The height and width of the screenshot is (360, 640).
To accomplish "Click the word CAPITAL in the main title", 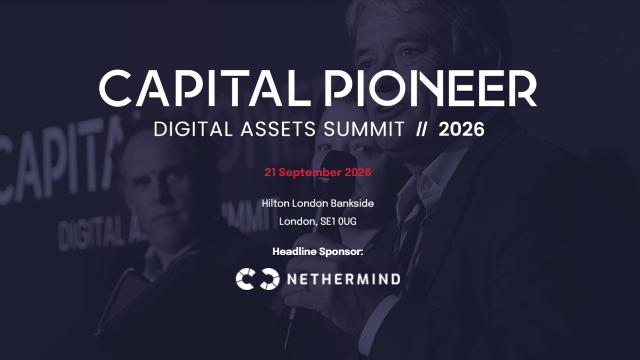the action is pos(205,88).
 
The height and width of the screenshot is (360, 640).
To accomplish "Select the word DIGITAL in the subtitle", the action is pos(193,129).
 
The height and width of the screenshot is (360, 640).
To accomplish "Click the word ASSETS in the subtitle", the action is pos(278,129).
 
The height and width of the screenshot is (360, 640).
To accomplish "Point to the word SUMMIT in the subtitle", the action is pos(364,129).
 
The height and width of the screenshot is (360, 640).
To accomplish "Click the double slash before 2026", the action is pos(421,129).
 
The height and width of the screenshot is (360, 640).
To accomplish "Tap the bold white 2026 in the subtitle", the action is pos(461,129).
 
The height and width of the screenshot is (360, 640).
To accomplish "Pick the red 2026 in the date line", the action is pos(358,172).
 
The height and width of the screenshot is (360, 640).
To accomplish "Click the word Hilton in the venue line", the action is pos(275,203).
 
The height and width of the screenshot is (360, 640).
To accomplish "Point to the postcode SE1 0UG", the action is pos(338,221).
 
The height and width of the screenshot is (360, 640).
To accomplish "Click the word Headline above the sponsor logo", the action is pos(294,251).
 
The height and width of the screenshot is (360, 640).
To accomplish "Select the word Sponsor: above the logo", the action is pos(341,252).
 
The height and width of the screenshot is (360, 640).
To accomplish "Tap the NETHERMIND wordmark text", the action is pos(344,279).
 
